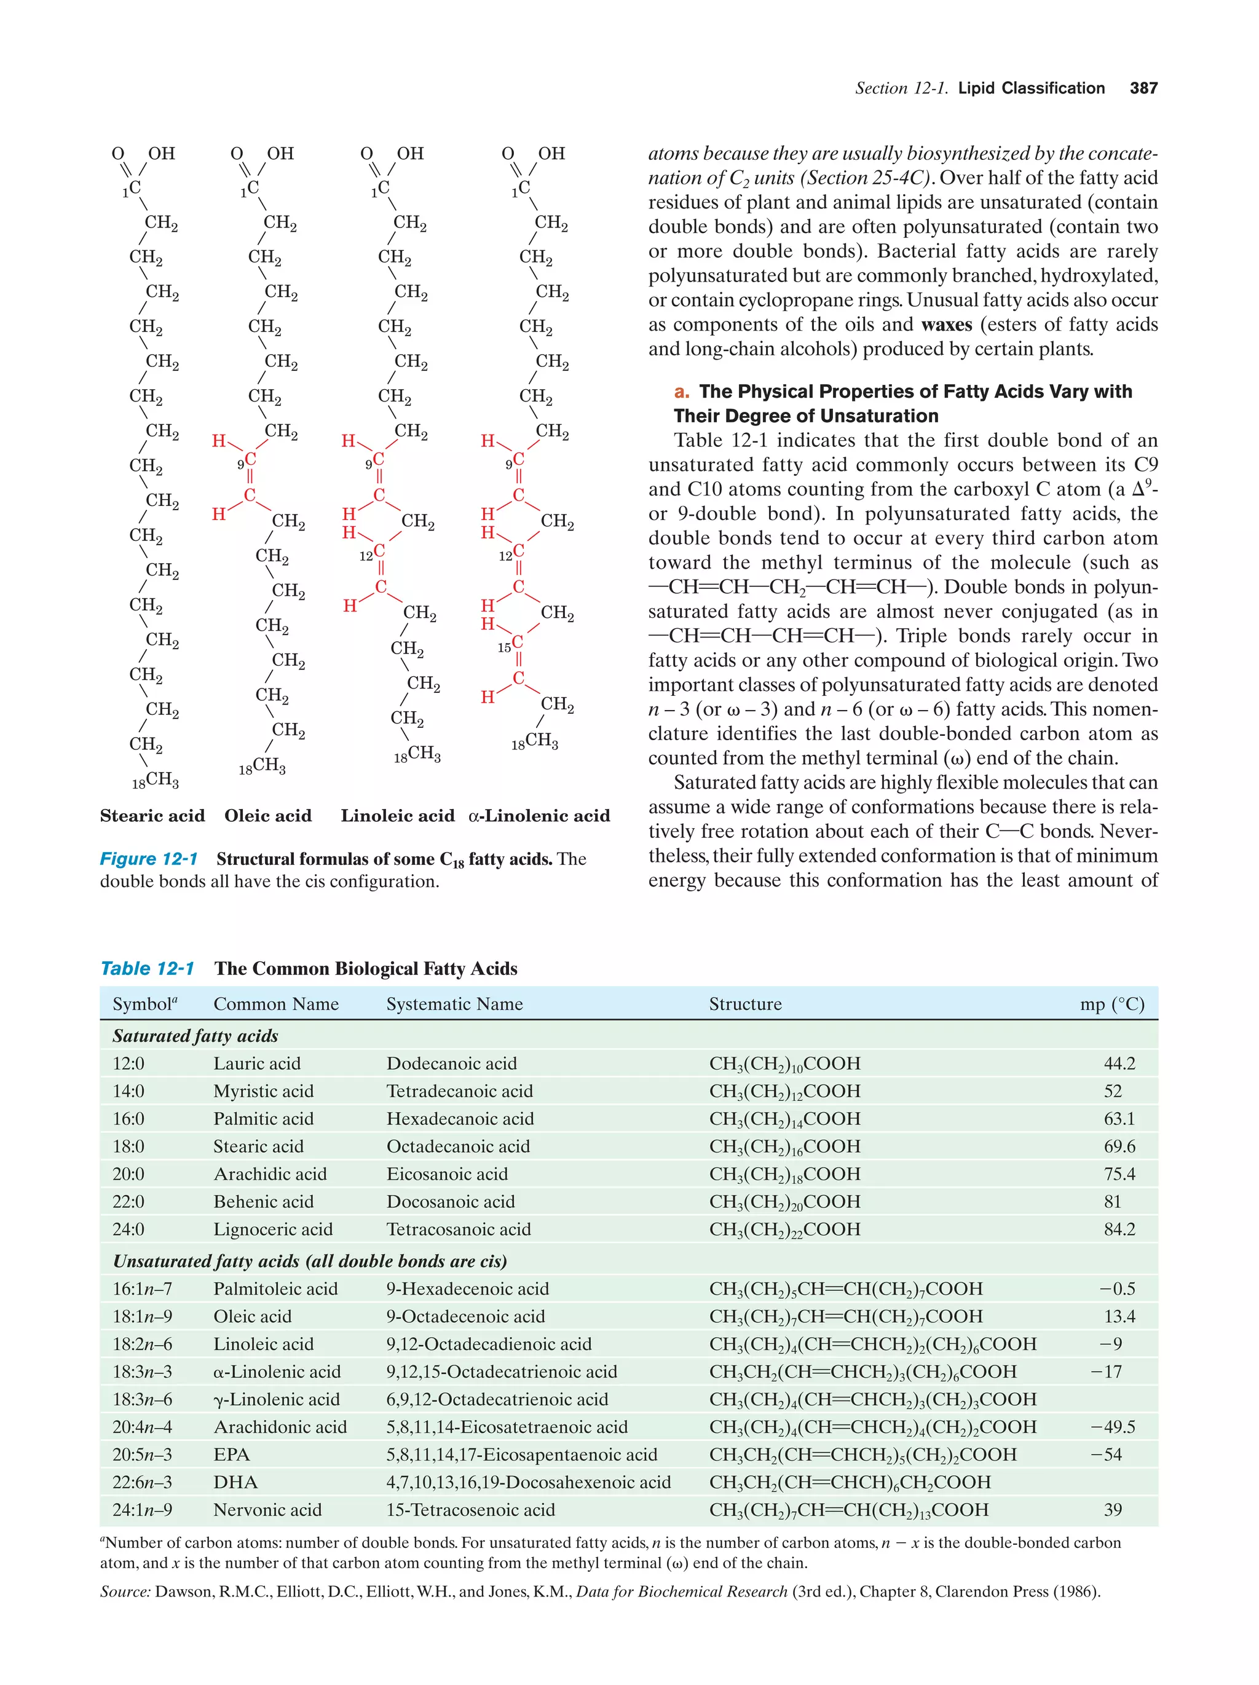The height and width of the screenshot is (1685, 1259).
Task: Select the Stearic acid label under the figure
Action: coord(152,816)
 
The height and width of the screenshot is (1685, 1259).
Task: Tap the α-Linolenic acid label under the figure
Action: coord(539,816)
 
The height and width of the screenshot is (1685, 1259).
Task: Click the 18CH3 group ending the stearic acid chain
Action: coord(156,779)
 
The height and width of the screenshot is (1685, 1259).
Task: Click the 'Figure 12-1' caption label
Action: coord(149,859)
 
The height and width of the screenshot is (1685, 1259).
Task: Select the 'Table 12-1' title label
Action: coord(147,968)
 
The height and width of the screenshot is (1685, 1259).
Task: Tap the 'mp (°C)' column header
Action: coord(1111,1004)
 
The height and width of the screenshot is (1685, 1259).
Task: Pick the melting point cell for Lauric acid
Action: coord(1119,1063)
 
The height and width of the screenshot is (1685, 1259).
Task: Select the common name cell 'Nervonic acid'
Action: coord(267,1510)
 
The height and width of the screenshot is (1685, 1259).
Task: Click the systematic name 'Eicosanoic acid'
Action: coord(447,1174)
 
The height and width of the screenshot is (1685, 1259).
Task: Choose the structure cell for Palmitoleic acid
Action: coord(845,1289)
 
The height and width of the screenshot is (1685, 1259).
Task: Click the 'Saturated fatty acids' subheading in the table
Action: coord(195,1036)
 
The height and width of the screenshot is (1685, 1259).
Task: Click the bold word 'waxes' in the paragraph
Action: coord(946,325)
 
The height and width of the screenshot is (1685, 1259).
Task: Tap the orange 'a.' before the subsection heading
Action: coord(682,392)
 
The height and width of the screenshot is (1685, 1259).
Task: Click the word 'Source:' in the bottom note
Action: coord(125,1592)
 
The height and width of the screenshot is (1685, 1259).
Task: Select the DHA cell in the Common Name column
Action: coord(235,1482)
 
